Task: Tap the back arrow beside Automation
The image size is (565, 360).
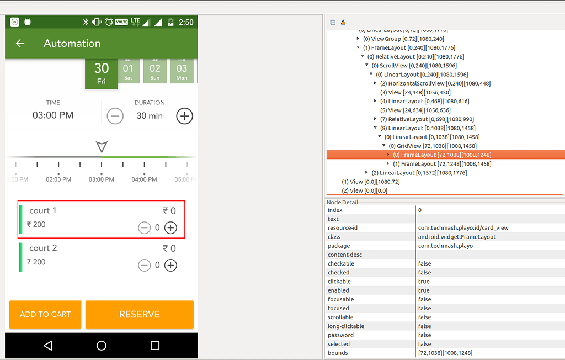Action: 20,44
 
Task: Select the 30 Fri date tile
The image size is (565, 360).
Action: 102,73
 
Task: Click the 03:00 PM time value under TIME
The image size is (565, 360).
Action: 53,115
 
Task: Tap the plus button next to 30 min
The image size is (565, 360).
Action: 184,116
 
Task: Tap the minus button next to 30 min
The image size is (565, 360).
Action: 115,116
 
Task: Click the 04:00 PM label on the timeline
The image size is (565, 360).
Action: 144,179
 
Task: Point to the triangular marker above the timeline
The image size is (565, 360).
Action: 102,146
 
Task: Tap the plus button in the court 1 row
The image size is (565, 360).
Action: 171,227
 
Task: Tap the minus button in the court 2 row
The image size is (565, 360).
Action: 144,266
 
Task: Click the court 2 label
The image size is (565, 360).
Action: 43,248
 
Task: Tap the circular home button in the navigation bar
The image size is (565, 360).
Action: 102,346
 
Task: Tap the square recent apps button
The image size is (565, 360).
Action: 155,346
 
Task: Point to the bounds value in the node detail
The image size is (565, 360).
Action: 445,353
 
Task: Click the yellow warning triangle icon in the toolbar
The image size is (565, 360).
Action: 343,22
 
